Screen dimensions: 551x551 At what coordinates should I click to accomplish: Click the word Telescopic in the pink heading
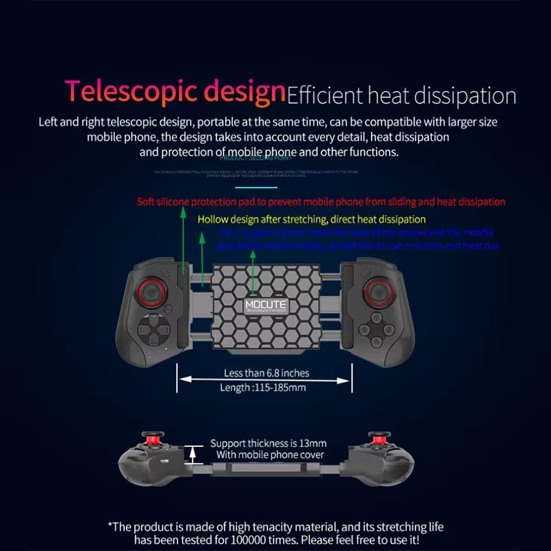pos(121,92)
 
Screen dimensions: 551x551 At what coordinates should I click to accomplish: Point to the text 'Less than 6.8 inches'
pos(267,373)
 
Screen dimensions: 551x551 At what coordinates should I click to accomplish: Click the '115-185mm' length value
pos(280,388)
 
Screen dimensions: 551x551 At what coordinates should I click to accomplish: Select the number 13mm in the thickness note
pos(314,443)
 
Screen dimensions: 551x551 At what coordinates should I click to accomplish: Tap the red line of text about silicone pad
pos(321,202)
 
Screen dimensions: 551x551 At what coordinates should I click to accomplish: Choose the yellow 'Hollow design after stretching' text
pos(311,219)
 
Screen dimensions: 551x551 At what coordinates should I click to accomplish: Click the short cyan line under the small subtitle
pos(256,186)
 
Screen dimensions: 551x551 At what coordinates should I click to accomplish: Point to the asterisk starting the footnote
pos(111,526)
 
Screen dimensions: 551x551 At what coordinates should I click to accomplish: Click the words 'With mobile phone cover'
pos(267,455)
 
